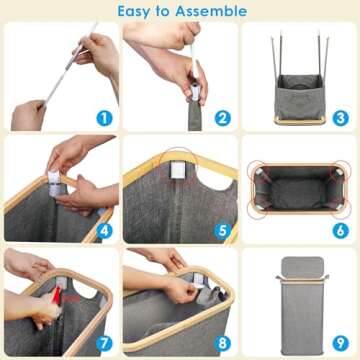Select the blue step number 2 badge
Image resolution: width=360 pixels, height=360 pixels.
[x=222, y=117]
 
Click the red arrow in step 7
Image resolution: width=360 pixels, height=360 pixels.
[x=62, y=301]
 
